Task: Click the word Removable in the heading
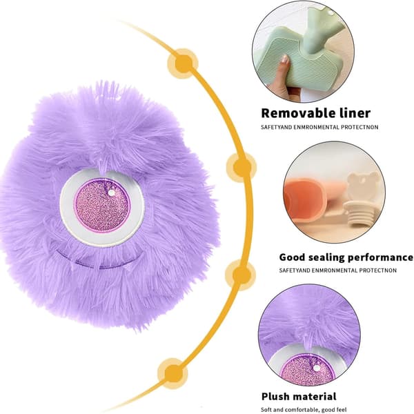(294, 113)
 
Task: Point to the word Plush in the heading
(275, 396)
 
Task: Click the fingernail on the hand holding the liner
(285, 59)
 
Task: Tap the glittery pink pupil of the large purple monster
(102, 205)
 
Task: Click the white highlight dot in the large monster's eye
(112, 193)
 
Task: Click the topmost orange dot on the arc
(183, 63)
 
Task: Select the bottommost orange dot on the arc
(173, 373)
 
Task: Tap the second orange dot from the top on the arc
(241, 167)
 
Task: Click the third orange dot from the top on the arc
(241, 275)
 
